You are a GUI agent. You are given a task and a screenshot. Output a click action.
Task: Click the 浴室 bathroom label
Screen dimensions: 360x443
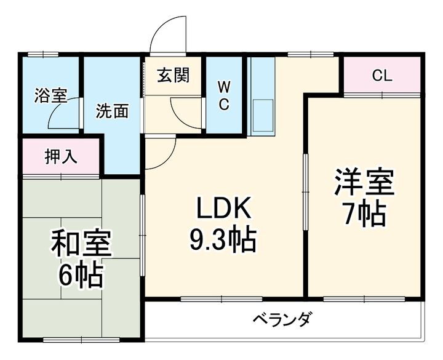pyautogui.click(x=50, y=95)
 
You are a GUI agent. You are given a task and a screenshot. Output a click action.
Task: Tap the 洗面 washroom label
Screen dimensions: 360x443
pyautogui.click(x=112, y=111)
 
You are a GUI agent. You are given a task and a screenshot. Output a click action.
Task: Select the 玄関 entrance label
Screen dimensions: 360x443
pyautogui.click(x=173, y=76)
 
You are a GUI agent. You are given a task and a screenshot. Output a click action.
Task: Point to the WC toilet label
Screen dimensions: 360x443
pyautogui.click(x=224, y=95)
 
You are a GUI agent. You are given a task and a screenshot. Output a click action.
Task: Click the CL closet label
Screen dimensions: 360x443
pyautogui.click(x=382, y=76)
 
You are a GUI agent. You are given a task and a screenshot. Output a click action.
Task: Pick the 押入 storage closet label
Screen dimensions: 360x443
pyautogui.click(x=61, y=157)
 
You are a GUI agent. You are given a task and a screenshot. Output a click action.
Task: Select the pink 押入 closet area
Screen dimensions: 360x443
pyautogui.click(x=61, y=157)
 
